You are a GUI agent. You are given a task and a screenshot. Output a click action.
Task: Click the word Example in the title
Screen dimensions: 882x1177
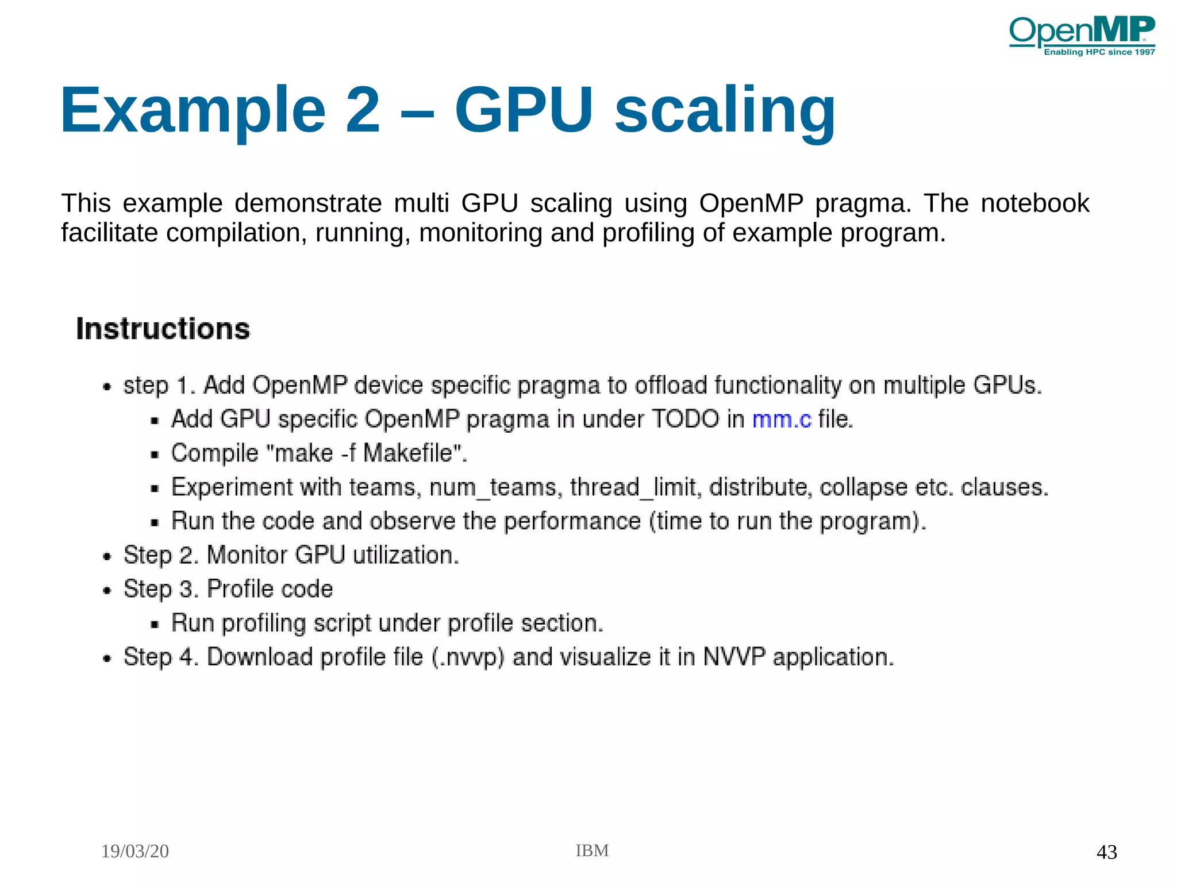[x=193, y=110]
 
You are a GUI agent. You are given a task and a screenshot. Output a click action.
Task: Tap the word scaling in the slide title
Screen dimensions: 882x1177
[x=725, y=110]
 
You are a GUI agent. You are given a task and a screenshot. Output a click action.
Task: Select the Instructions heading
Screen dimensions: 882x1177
[x=163, y=329]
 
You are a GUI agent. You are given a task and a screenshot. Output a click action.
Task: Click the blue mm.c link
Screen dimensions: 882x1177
[x=782, y=419]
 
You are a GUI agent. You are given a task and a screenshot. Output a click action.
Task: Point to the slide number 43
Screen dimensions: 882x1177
[x=1106, y=852]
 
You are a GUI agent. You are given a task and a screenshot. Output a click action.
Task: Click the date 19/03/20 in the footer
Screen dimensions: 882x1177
[x=135, y=851]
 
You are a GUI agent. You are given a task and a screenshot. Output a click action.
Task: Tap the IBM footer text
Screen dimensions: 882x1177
[x=592, y=850]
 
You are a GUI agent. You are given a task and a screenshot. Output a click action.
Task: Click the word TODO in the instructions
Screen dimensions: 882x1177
[x=686, y=419]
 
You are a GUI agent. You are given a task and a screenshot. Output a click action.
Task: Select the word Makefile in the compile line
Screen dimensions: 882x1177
[x=409, y=453]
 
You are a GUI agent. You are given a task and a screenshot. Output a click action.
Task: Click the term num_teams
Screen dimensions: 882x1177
[x=493, y=488]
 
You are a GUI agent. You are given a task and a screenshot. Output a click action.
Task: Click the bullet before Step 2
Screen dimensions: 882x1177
[x=107, y=557]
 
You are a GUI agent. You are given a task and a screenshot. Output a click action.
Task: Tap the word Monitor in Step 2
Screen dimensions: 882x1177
[x=247, y=556]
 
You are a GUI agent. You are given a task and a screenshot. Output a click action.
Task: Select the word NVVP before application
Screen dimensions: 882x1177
[x=734, y=657]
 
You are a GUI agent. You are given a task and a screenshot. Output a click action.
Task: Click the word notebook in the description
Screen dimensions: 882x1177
[x=1034, y=203]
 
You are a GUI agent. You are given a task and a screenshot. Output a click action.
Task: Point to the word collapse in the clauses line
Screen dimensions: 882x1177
[x=863, y=488]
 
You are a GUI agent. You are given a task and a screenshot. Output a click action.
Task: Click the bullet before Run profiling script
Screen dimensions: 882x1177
[x=154, y=625]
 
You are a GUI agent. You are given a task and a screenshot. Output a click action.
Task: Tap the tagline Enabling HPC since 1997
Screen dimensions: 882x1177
[x=1099, y=52]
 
